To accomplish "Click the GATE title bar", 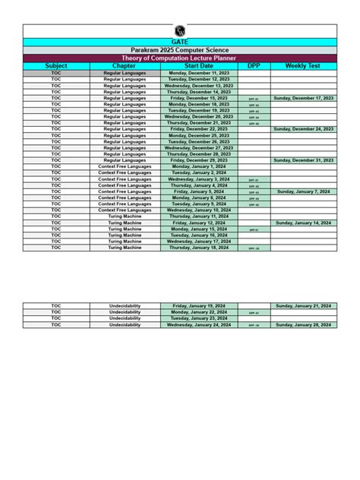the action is coord(179,42).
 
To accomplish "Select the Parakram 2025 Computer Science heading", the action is coord(179,50).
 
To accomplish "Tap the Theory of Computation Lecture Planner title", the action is coord(179,58).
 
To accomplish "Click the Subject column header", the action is coord(56,66).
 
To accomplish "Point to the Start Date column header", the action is coord(199,66).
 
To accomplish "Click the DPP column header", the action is coord(254,66).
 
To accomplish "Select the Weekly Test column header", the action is coord(303,66).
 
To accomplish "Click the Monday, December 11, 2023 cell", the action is coord(199,72).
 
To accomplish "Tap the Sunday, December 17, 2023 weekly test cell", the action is coord(303,98).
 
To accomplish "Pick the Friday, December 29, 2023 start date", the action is coord(199,160).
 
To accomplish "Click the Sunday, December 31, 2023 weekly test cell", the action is coord(303,160).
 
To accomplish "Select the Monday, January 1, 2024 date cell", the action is coord(199,166).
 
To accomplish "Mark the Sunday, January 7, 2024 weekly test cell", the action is coord(303,191).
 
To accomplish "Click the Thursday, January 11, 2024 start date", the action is coord(199,216).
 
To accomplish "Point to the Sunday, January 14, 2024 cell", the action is coord(303,223).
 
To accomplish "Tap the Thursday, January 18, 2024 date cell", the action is coord(199,248).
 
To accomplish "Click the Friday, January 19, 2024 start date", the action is coord(199,305).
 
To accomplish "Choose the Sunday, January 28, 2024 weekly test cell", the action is coord(303,324).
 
